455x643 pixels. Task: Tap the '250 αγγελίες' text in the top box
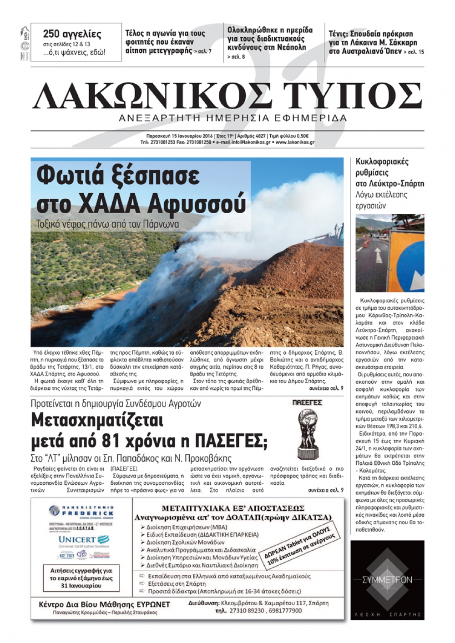72,34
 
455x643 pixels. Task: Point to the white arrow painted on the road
378,255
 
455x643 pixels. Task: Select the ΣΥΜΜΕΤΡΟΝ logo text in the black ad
387,580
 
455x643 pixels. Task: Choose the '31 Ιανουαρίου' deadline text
81,586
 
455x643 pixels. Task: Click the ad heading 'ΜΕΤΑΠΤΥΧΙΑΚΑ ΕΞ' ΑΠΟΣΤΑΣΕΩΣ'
233,508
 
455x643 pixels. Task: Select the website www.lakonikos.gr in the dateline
295,142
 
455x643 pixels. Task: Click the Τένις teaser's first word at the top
338,34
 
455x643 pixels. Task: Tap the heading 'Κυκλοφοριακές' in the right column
382,162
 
